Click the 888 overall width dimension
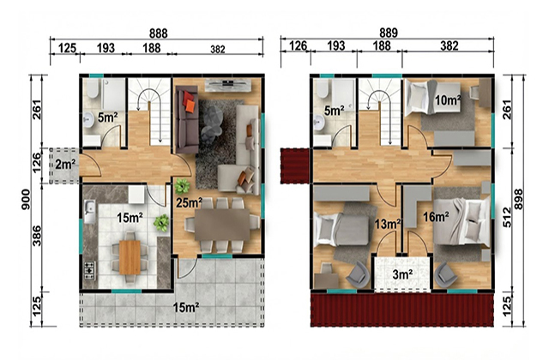pos(158,33)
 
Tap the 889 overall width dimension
pos(389,33)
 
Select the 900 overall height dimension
pos(26,200)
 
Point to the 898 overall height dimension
pos(518,200)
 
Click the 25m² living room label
pos(189,202)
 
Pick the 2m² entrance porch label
pos(64,164)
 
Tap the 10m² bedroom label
pos(447,100)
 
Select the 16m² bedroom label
pos(436,217)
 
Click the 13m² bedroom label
pos(388,224)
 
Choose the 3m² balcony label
pos(401,274)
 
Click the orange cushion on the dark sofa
pos(190,106)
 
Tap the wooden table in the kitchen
pos(130,257)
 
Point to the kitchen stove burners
pos(89,271)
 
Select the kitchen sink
pos(89,212)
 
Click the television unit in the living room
pos(228,84)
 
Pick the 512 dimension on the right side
pos(507,217)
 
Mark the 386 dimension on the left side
pos(37,236)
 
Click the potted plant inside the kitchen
pos(161,223)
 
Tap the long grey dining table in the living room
pos(222,225)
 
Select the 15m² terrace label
pos(186,308)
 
